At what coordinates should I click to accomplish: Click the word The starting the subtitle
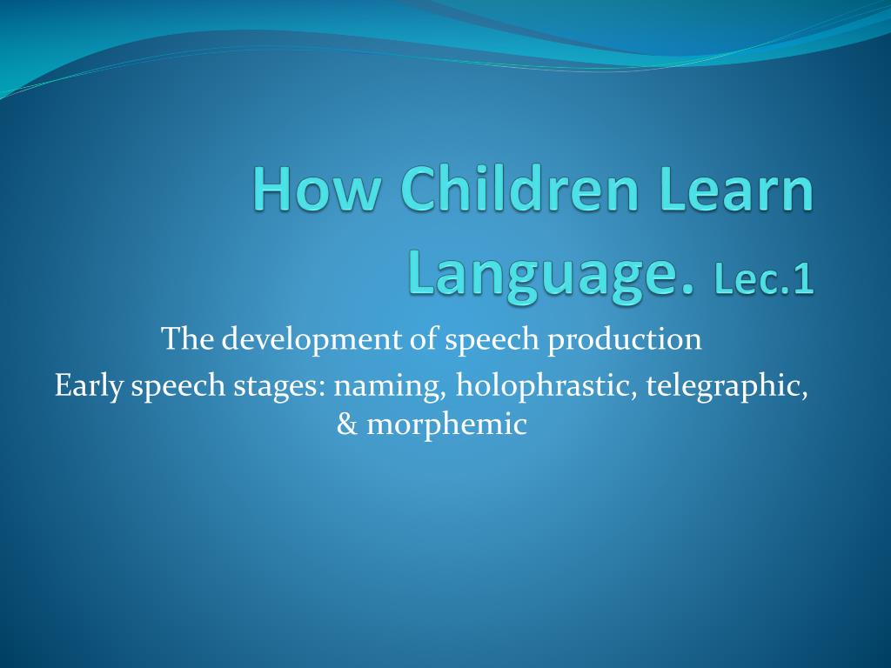click(187, 339)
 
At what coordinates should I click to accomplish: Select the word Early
click(89, 385)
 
